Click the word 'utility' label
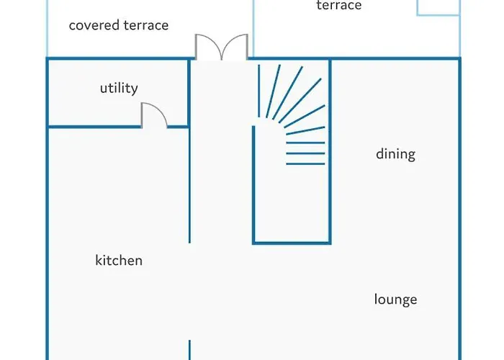[x=119, y=89]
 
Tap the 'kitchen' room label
[x=119, y=260]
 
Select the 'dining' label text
[x=395, y=153]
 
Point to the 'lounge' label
[x=395, y=299]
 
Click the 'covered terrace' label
[x=118, y=25]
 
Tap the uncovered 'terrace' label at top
[x=338, y=6]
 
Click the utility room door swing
[x=153, y=115]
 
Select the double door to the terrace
[x=222, y=47]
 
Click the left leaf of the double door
[x=209, y=47]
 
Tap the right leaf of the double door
[x=235, y=47]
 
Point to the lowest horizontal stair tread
[x=305, y=163]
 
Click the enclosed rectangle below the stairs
[x=292, y=205]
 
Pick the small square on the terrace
[x=437, y=6]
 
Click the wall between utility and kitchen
[x=94, y=127]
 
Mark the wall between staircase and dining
[x=330, y=151]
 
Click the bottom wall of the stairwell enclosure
[x=292, y=243]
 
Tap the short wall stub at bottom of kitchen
[x=190, y=350]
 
